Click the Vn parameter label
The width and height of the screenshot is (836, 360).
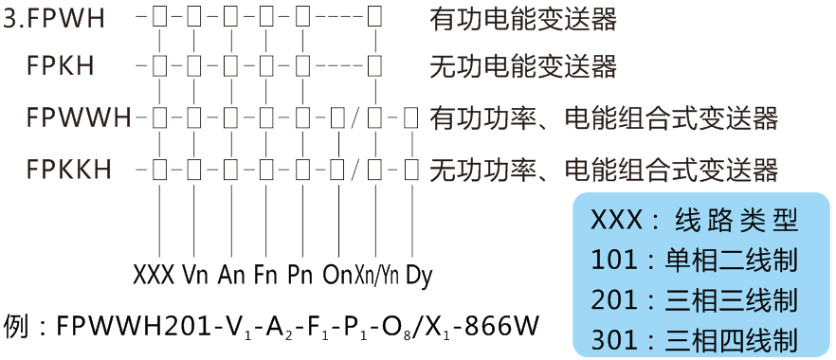coord(195,277)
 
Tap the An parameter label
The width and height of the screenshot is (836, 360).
coord(231,277)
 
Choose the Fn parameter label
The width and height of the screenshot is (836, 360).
coord(266,277)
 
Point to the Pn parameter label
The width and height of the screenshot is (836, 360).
coord(300,277)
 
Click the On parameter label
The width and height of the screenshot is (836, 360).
coord(337,277)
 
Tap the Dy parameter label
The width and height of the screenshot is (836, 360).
coord(419,277)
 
